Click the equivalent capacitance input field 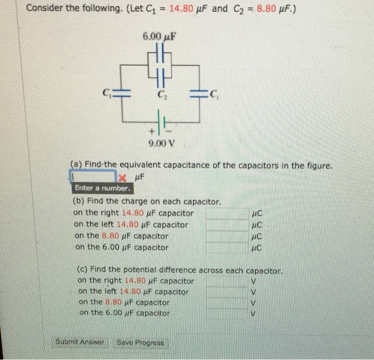point(93,176)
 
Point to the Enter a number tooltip point(102,188)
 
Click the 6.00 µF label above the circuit point(160,37)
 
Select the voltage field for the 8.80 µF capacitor point(227,303)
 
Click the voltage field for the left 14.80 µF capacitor point(227,292)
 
